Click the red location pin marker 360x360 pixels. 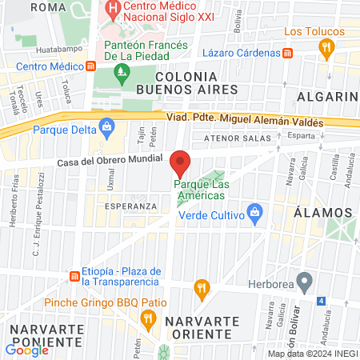(x=180, y=163)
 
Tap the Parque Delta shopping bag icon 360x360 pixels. (x=106, y=126)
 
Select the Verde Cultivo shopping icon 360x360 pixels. (x=254, y=212)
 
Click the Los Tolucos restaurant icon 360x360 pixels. (x=326, y=47)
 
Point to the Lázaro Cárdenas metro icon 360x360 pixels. (x=288, y=53)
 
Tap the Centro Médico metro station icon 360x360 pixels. (x=90, y=66)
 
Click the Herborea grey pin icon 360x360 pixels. (x=303, y=281)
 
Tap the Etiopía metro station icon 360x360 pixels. (x=74, y=276)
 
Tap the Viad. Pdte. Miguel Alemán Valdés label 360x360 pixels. (x=245, y=122)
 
